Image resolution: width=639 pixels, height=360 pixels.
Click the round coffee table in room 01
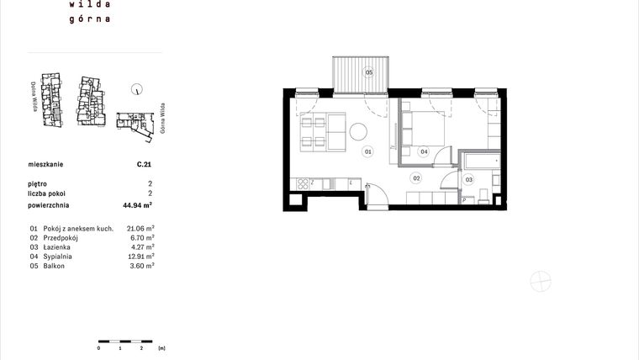(x=359, y=131)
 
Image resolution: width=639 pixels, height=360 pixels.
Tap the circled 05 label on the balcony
(x=368, y=73)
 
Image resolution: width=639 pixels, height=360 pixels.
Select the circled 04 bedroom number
(x=424, y=152)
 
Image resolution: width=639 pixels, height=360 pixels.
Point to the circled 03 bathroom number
(x=469, y=179)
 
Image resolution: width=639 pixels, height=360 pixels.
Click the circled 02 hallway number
(x=415, y=178)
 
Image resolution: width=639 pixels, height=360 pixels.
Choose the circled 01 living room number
(x=367, y=152)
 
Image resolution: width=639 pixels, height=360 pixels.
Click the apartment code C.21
(x=144, y=166)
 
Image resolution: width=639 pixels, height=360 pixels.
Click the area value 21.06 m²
(x=140, y=228)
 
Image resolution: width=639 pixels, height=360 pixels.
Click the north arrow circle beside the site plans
(x=137, y=89)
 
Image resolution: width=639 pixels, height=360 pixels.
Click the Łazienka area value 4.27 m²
(x=140, y=246)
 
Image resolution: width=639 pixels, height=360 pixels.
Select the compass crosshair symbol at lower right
(x=541, y=282)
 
